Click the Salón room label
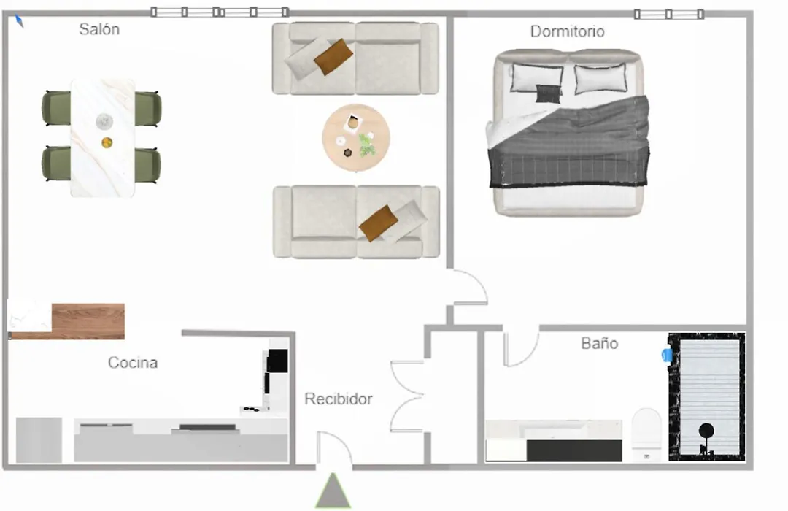(99, 29)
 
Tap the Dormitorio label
(568, 31)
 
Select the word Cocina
(133, 362)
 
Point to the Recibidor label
(339, 399)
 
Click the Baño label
(600, 343)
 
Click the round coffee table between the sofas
(356, 138)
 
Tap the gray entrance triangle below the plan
(333, 491)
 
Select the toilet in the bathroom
(646, 434)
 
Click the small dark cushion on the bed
(548, 93)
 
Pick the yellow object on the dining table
(107, 143)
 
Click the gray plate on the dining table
(104, 121)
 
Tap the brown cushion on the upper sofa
(333, 57)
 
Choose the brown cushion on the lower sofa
(379, 223)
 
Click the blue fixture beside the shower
(667, 355)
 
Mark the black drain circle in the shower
(706, 431)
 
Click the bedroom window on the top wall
(669, 14)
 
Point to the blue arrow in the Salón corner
(19, 21)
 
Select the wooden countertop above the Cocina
(88, 321)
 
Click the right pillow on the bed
(600, 78)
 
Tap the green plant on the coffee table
(367, 146)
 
